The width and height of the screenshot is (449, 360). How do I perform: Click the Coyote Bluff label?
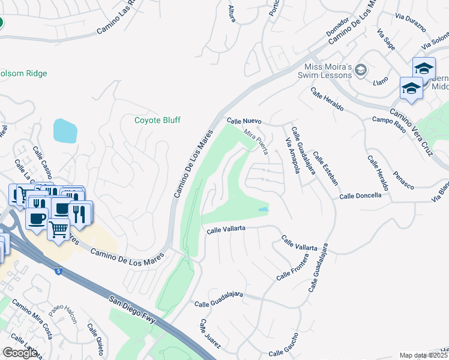157,120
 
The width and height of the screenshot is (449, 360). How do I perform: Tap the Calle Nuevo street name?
243,121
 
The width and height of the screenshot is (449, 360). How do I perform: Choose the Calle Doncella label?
360,196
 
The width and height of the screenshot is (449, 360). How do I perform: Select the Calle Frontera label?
292,268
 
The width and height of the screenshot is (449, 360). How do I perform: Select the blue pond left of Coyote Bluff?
65,130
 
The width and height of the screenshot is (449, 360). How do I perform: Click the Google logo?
20,353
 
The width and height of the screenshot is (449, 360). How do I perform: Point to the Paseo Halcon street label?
64,313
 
